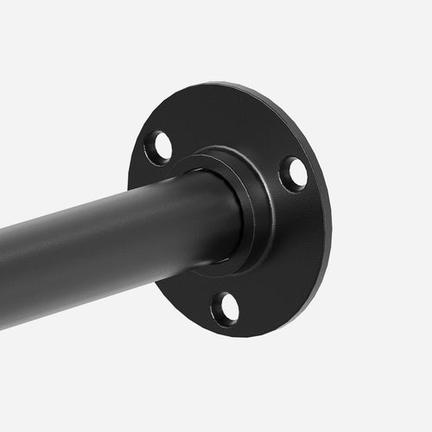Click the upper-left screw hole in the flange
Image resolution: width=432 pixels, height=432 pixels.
(x=158, y=148)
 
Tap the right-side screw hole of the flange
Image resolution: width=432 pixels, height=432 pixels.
(x=293, y=174)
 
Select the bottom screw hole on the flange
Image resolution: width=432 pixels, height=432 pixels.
(x=225, y=308)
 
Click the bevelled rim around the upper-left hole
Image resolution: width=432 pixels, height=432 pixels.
(x=148, y=143)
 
